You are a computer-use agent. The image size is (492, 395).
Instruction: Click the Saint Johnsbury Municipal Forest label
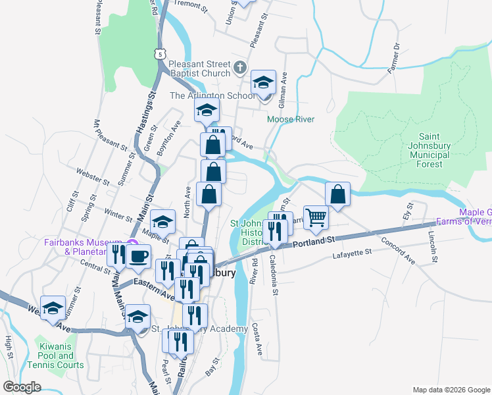(x=424, y=155)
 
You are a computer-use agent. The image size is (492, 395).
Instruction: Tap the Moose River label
(x=290, y=119)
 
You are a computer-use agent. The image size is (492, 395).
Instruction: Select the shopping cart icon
(x=316, y=217)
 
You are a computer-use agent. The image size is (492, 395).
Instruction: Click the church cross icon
(x=240, y=67)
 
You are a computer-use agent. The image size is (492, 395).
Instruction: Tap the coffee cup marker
(x=137, y=255)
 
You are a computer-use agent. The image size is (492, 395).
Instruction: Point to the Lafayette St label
(x=353, y=253)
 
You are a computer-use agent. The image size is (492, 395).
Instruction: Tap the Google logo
(x=22, y=387)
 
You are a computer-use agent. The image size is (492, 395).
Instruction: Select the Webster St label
(x=91, y=177)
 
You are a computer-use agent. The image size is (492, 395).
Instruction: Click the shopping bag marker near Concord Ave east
(x=337, y=194)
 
